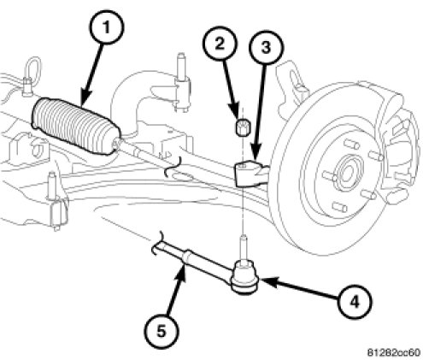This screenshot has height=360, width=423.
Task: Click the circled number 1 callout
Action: (106, 28)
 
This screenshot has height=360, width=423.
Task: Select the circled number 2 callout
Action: (220, 45)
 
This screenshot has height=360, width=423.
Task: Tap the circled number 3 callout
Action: (266, 47)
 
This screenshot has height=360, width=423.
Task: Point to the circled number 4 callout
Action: (355, 302)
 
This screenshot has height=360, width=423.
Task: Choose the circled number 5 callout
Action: (162, 332)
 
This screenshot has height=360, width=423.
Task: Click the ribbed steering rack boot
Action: (76, 127)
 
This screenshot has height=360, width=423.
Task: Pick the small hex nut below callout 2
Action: (243, 127)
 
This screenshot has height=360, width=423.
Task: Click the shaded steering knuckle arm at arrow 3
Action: (250, 174)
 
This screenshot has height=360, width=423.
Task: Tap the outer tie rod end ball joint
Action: (244, 277)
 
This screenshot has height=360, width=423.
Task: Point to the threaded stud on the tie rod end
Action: (243, 246)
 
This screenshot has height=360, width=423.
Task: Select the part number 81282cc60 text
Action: (393, 352)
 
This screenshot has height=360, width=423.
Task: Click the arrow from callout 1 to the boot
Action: (91, 75)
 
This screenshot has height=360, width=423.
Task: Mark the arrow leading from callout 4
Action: (300, 289)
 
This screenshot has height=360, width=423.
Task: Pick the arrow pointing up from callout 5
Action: (175, 290)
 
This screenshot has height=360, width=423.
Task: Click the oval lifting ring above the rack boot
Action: (33, 69)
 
